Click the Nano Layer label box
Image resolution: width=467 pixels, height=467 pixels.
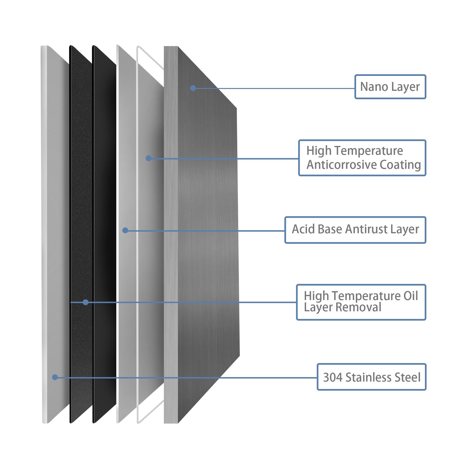390,87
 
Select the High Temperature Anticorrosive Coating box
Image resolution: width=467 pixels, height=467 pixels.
362,158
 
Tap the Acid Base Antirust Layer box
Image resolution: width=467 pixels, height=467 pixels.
355,230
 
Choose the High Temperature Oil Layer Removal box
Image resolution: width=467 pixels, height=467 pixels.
361,302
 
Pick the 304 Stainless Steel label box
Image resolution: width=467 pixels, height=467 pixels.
372,377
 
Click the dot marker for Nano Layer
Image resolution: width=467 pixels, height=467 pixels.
193,88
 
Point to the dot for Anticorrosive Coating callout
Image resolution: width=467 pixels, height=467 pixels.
149,158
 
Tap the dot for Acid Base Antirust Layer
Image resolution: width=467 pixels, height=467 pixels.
125,231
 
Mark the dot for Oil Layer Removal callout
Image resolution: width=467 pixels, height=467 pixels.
86,302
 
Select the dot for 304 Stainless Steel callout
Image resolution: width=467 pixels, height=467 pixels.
55,377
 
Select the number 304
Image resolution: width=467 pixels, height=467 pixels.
333,377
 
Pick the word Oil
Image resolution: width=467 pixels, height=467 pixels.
411,296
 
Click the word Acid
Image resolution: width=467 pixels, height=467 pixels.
303,229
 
